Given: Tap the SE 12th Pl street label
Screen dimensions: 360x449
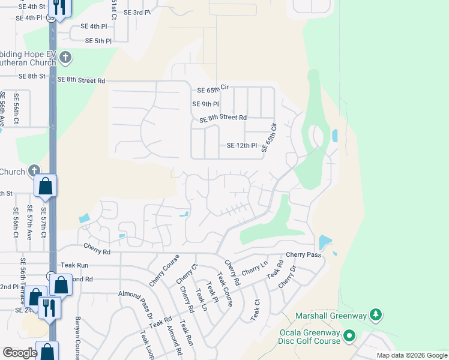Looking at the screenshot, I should [242, 146].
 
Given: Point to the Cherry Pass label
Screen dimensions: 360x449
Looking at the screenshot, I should [303, 254].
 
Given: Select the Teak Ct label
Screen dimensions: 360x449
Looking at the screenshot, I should [255, 311].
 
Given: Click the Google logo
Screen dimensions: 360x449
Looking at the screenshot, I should [20, 353].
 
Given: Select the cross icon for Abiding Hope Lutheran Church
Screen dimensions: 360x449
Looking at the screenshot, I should [65, 58].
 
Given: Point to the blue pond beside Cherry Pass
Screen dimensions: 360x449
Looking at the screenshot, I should [324, 242].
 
